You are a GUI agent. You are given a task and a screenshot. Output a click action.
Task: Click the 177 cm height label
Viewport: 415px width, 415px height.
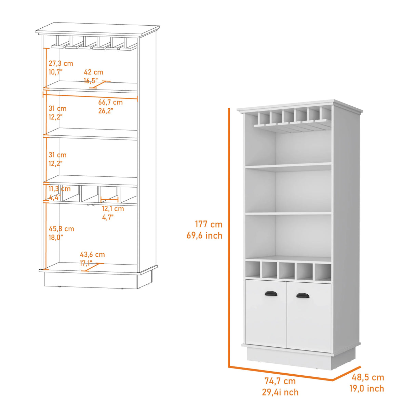coord(209,224)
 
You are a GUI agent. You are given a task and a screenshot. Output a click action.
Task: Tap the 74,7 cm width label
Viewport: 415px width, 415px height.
coord(280,381)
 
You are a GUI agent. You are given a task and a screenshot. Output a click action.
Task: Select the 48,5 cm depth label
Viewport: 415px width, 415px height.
coord(368,377)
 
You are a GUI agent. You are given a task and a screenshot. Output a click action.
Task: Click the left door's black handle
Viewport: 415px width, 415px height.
coord(271,294)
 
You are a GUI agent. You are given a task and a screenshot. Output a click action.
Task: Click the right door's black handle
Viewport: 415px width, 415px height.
coord(303,295)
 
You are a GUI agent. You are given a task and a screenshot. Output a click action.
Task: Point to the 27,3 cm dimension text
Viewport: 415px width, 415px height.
coord(61,63)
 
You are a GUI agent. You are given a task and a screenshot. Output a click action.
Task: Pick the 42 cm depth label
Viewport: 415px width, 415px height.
coord(93,72)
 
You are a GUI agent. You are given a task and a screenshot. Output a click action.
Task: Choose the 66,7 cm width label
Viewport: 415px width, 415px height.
coord(110,102)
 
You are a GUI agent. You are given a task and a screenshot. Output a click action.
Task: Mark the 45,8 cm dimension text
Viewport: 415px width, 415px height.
coord(61,229)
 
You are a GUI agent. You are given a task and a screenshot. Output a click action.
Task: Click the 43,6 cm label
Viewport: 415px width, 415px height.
coord(92,254)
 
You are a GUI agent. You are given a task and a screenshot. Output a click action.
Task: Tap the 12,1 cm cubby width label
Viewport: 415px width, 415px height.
coord(113,209)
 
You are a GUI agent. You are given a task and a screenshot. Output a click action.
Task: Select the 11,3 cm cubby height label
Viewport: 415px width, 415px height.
coord(59,189)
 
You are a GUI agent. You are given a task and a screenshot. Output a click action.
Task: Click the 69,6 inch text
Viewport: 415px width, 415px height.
coord(204,236)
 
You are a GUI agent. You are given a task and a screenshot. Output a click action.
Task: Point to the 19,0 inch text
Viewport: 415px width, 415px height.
coord(366,389)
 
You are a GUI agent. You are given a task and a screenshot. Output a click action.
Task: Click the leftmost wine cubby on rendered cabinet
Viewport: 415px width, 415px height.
coord(253,271)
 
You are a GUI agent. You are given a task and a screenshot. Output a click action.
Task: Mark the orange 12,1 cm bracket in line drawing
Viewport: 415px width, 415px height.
coord(109,200)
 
